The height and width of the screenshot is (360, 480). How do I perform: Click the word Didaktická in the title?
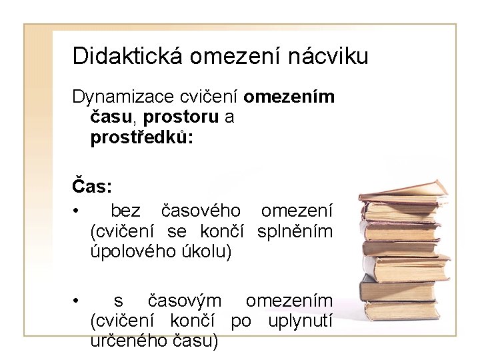[x=127, y=55]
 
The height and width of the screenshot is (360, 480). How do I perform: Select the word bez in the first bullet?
[x=125, y=211]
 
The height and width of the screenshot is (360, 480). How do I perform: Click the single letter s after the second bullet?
[x=118, y=301]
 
